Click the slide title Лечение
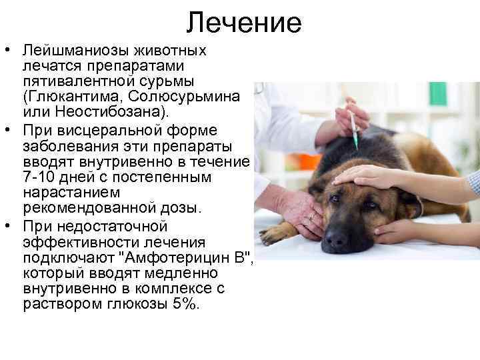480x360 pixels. [x=244, y=23]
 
